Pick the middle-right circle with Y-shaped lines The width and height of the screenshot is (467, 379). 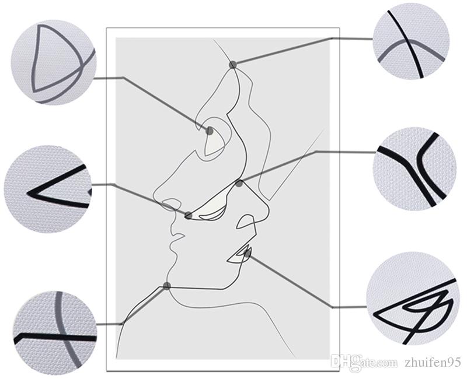[x=411, y=167]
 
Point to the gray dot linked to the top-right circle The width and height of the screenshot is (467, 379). [x=233, y=65]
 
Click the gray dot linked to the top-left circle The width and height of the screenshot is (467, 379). [x=208, y=131]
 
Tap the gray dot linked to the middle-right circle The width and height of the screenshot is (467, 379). [x=239, y=184]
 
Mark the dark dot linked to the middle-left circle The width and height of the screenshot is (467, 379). [x=189, y=215]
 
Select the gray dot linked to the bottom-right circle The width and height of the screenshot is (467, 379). [x=248, y=254]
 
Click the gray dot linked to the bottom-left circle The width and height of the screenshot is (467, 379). [x=167, y=286]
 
